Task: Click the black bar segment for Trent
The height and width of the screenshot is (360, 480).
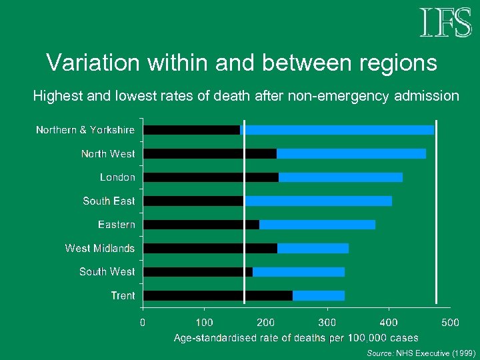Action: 218,295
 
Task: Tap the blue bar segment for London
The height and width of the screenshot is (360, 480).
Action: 340,177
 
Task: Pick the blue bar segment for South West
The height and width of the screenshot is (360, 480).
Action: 298,272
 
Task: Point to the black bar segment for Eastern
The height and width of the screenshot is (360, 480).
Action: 201,225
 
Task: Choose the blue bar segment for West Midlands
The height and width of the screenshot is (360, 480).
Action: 313,248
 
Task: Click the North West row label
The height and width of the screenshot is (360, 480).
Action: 107,154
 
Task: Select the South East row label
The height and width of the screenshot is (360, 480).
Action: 109,201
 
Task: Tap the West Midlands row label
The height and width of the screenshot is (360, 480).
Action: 99,248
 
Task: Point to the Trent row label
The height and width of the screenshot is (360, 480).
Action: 123,295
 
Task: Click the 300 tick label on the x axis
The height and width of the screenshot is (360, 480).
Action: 327,323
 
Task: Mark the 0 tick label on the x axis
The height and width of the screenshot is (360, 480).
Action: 143,323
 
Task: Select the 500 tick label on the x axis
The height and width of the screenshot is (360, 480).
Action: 450,323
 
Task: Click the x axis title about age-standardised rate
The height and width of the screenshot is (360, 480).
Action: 296,338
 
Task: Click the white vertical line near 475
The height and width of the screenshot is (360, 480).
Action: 436,213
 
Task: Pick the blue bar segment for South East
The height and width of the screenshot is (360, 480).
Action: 318,201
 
